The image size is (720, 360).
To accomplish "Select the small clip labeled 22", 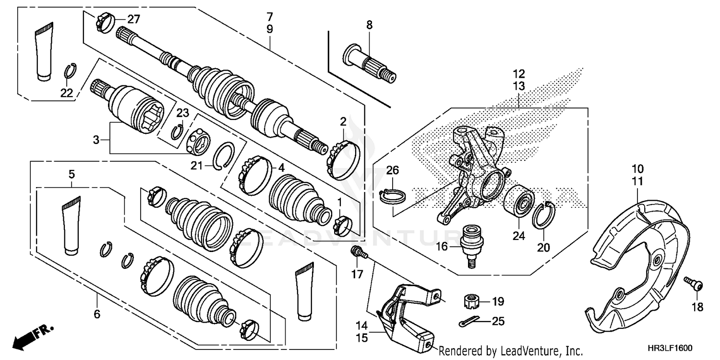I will click(70, 72).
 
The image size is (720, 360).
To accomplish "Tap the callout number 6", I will click(97, 314).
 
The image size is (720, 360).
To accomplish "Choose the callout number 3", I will click(96, 140).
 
